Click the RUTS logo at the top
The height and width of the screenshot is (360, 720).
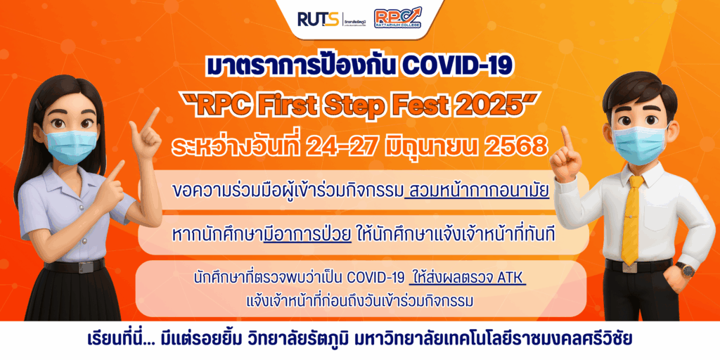(318, 19)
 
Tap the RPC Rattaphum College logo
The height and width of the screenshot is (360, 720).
(398, 18)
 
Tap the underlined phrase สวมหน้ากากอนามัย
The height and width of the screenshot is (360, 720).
(477, 191)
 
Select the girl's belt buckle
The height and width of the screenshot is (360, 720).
(85, 266)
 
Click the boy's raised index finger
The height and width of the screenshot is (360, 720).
(566, 138)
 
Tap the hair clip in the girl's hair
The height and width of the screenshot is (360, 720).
(39, 105)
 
